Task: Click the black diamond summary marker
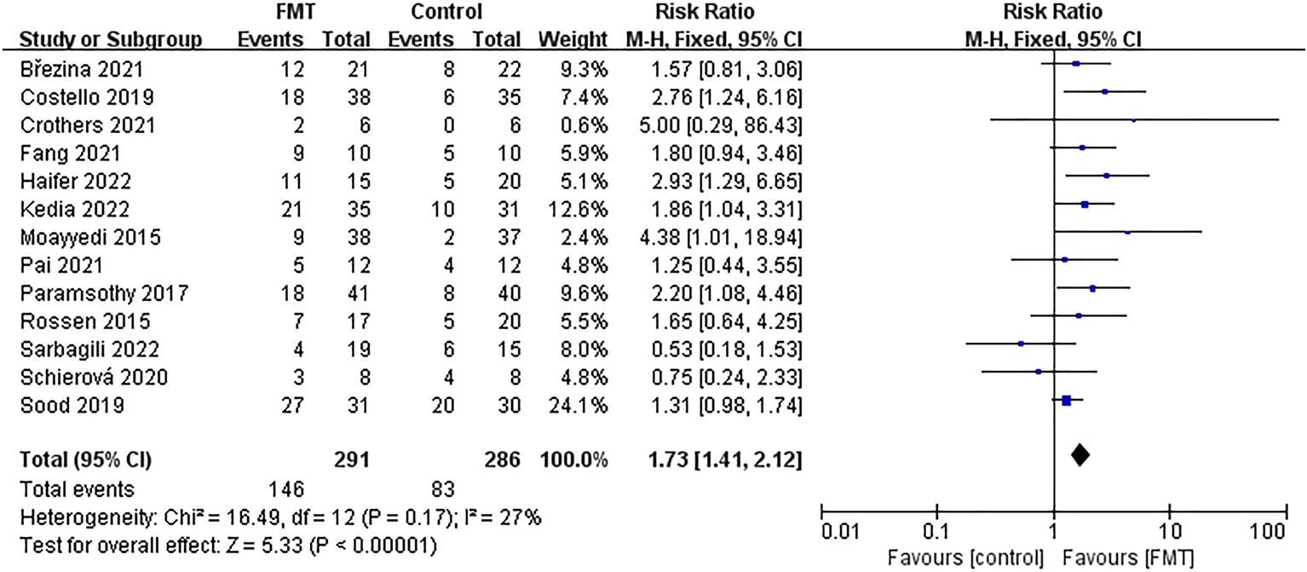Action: (1080, 456)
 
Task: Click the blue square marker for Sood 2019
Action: (1066, 400)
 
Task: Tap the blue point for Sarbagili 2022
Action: (1021, 344)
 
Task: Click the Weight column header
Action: (572, 40)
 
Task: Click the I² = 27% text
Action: (505, 517)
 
